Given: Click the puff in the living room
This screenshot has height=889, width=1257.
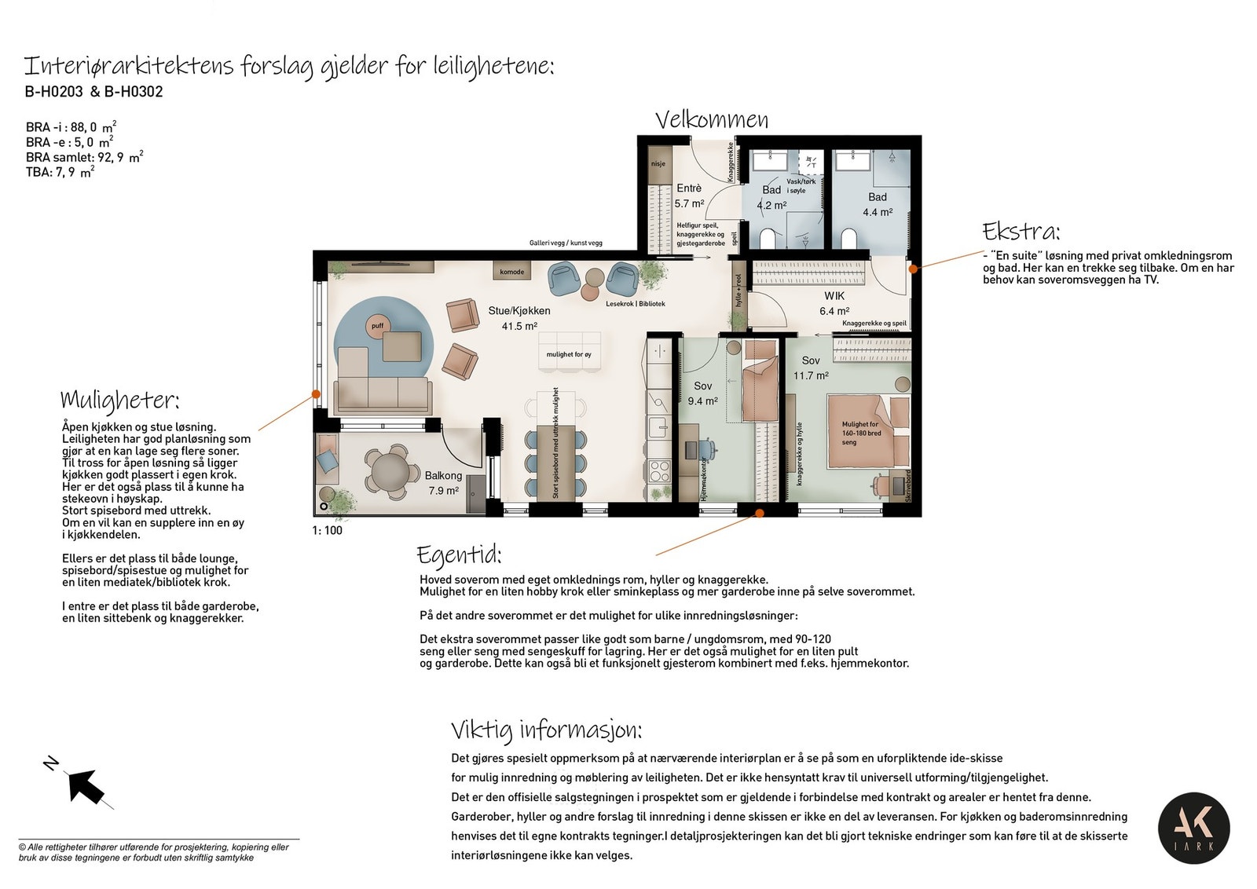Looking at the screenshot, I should click(x=378, y=326).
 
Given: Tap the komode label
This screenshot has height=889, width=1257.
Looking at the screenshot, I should click(x=511, y=272).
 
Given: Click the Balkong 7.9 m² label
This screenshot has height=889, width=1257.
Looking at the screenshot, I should click(x=443, y=483).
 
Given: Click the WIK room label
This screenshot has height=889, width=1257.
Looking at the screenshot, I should click(x=834, y=296).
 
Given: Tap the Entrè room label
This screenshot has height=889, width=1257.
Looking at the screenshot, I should click(x=689, y=188).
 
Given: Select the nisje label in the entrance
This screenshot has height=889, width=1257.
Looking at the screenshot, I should click(x=658, y=164).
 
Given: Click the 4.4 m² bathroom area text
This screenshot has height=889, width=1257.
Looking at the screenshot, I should click(x=878, y=212).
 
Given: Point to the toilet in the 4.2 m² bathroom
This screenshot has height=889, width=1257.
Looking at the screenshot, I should click(x=768, y=237).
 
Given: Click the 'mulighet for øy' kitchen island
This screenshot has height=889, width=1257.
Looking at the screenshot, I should click(x=569, y=354).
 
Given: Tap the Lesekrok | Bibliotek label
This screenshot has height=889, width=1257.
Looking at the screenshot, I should click(x=635, y=304).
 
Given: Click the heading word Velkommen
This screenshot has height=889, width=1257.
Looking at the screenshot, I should click(x=712, y=119).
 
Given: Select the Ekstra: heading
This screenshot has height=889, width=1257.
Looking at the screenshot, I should click(x=1021, y=232).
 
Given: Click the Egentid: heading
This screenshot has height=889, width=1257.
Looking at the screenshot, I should click(x=459, y=554).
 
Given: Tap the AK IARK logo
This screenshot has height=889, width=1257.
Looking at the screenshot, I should click(x=1193, y=828).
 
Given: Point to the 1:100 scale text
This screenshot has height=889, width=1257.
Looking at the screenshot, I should click(x=328, y=530).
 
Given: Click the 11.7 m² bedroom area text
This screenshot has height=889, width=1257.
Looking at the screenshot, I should click(x=811, y=375).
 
